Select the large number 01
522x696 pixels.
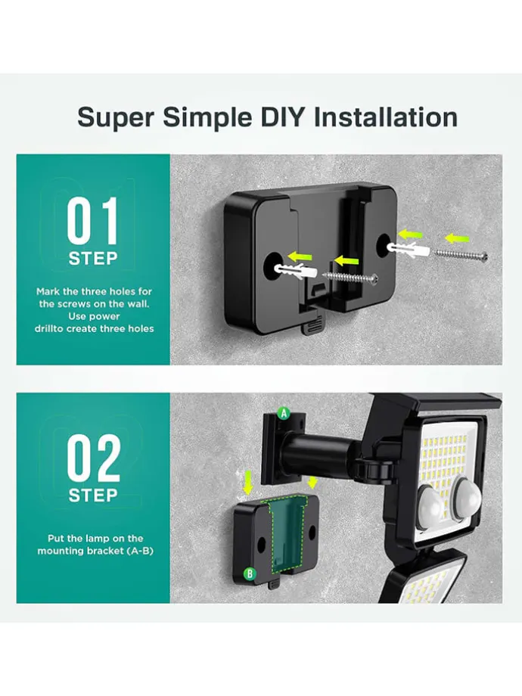pos(93,221)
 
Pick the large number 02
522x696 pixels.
pos(94,458)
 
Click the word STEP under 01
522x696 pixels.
pos(93,258)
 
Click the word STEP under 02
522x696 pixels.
pos(93,496)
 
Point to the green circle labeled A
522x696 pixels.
pos(283,414)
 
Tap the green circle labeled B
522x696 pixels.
pos(250,574)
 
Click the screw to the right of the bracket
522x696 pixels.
pos(461,254)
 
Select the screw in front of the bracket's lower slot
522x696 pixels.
pos(352,277)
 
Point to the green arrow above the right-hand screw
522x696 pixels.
pos(457,238)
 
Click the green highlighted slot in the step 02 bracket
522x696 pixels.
pos(287,532)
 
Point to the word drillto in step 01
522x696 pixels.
pos(49,329)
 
